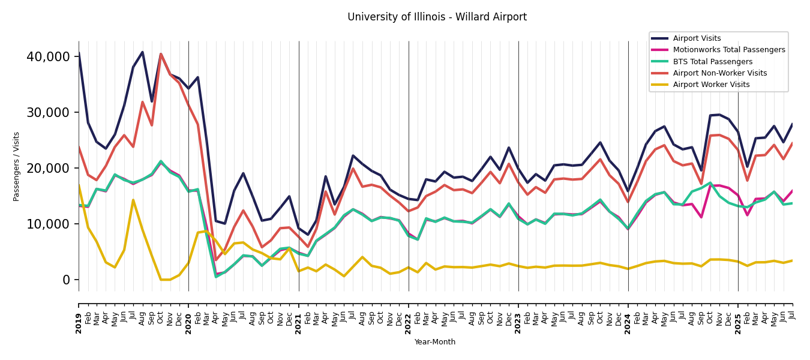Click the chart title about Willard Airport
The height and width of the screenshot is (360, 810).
[437, 17]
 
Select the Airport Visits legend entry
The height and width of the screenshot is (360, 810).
[697, 38]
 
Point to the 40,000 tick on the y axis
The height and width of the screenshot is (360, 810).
[49, 57]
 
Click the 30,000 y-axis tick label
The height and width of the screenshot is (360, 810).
[49, 113]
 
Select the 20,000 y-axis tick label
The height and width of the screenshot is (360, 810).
[49, 169]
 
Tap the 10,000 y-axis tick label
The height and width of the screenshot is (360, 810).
[49, 224]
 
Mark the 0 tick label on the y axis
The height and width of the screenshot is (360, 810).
[66, 280]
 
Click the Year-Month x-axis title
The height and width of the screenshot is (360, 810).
[435, 343]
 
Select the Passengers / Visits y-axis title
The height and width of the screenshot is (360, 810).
[17, 166]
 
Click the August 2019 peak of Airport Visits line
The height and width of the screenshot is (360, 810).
[142, 52]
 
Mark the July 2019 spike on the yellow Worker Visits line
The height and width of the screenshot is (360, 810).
[133, 200]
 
